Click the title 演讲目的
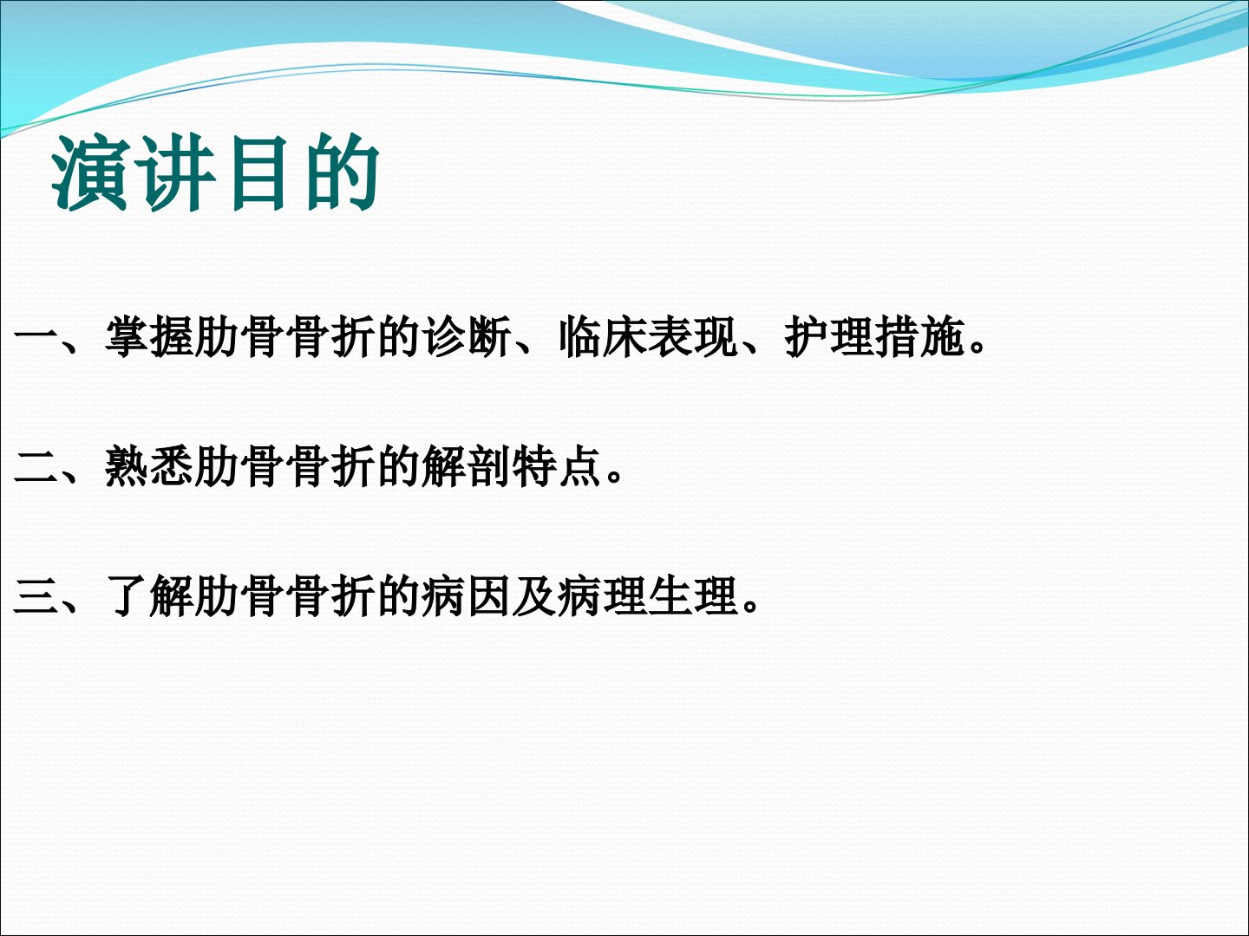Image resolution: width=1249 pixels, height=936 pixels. pos(215,172)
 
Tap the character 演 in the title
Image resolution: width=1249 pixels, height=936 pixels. pos(90,172)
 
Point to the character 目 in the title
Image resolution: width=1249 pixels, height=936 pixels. pos(258,172)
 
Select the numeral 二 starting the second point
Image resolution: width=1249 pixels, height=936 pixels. pos(36,466)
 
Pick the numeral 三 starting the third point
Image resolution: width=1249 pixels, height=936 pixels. pos(36,597)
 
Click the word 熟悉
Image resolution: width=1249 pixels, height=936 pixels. pos(150,467)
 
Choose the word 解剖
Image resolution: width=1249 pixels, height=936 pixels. pos(467,467)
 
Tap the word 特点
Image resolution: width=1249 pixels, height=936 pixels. pos(557,467)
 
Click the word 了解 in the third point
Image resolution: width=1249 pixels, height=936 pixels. pos(150,597)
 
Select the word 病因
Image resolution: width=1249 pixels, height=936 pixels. pos(467,597)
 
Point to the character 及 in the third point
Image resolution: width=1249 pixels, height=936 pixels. pos(533,597)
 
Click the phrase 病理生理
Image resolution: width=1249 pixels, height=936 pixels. pos(648,597)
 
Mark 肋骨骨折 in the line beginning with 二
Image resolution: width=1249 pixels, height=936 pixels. pos(284,467)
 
